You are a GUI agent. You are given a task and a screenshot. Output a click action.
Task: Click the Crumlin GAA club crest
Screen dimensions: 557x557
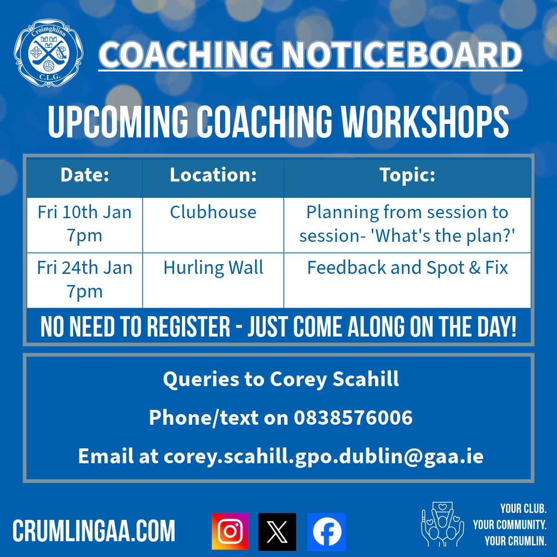(49, 53)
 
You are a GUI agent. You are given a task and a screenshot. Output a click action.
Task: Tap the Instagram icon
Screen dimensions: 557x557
(230, 531)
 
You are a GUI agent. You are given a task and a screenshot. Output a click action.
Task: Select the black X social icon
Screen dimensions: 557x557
(277, 532)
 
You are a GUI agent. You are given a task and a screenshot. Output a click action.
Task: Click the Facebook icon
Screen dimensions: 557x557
(326, 532)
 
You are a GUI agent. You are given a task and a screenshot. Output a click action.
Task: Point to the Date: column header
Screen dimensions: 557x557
(84, 175)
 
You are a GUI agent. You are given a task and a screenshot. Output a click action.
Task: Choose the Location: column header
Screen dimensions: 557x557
(214, 175)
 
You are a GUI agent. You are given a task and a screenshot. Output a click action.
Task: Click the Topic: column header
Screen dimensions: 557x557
(407, 175)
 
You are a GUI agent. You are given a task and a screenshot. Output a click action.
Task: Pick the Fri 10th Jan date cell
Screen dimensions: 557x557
(84, 224)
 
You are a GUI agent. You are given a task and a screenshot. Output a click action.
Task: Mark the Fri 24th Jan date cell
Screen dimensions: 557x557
(84, 279)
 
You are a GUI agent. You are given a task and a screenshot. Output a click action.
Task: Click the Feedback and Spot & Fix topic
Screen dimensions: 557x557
(407, 268)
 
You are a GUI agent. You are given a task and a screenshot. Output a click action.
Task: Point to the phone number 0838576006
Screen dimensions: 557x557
(353, 418)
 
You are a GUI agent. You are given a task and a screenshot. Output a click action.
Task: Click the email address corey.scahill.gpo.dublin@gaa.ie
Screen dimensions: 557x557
(324, 457)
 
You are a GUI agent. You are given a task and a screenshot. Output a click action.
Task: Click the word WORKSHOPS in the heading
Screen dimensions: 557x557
(425, 122)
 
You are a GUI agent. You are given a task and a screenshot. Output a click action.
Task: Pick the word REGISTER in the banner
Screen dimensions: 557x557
(188, 327)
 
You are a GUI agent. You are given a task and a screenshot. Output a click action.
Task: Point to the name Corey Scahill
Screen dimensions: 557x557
(334, 379)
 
